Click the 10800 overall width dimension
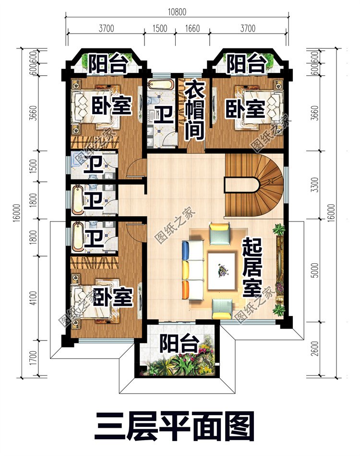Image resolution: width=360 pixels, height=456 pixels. (x=177, y=12)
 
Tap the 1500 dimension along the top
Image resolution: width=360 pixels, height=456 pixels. (x=160, y=28)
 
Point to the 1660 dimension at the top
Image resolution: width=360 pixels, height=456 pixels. (x=192, y=28)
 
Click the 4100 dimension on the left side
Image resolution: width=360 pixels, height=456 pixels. (x=34, y=298)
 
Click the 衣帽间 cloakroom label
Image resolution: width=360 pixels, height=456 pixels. (x=194, y=110)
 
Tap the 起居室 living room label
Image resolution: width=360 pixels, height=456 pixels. (x=252, y=267)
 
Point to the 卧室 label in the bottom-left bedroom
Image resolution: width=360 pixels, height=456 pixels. (x=113, y=297)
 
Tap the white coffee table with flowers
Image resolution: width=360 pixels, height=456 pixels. (x=221, y=271)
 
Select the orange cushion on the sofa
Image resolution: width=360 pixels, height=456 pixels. (x=186, y=290)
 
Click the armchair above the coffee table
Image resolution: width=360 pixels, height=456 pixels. (x=219, y=233)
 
